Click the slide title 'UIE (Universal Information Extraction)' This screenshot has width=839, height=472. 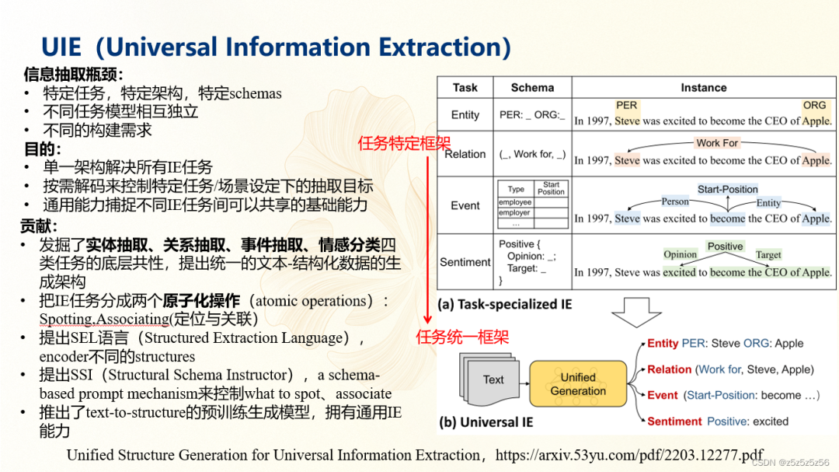(x=276, y=47)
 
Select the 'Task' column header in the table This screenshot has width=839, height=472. (x=465, y=88)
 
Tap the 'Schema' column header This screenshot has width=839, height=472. (x=532, y=88)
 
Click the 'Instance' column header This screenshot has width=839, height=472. (x=703, y=88)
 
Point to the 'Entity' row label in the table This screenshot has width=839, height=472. (x=465, y=115)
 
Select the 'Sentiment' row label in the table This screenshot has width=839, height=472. (x=465, y=262)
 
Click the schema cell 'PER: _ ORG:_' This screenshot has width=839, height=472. (x=532, y=115)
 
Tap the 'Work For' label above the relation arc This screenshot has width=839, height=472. (x=716, y=143)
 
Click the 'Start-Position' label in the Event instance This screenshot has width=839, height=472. (x=727, y=189)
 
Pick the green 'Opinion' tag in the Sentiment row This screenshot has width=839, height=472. (x=680, y=254)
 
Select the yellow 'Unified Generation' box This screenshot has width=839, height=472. (x=578, y=384)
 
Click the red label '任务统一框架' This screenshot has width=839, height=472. (x=463, y=337)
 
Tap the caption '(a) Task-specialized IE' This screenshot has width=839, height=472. (x=505, y=304)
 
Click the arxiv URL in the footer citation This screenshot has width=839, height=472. (x=628, y=455)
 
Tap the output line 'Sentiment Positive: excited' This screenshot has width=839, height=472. (x=717, y=421)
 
